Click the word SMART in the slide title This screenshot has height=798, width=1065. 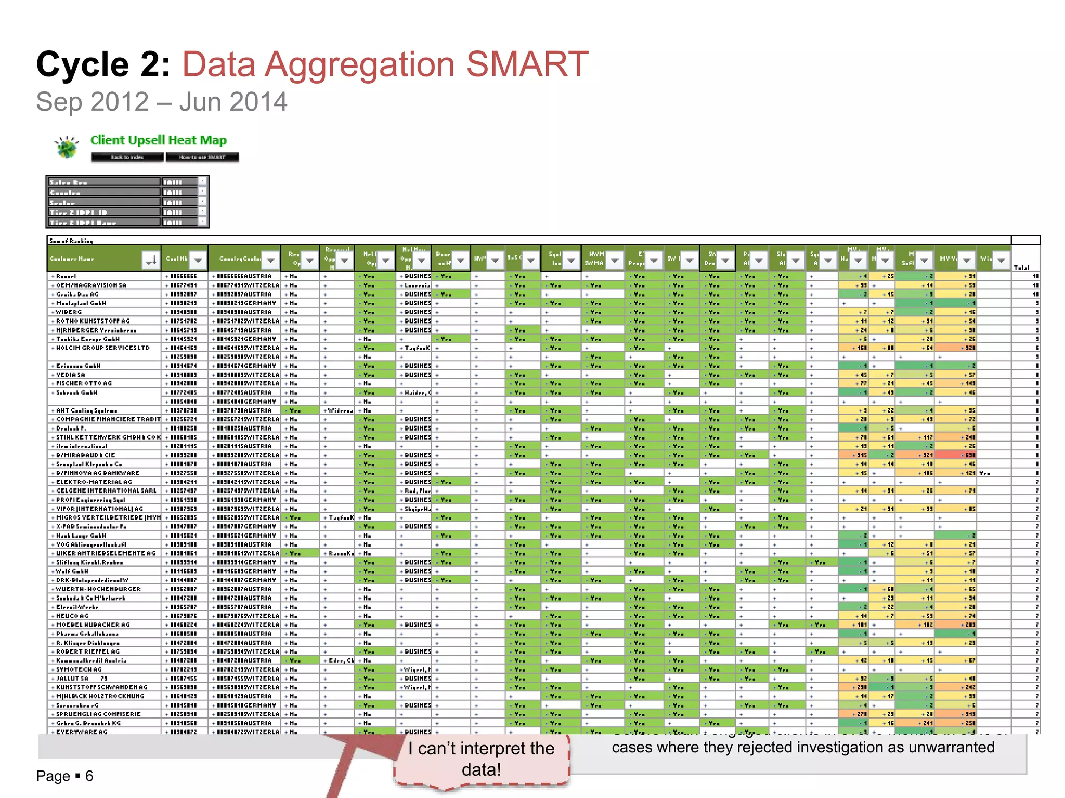(x=527, y=64)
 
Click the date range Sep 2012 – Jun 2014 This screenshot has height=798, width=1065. (x=161, y=102)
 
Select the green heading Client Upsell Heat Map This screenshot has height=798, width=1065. (x=159, y=140)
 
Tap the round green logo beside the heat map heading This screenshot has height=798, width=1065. (x=67, y=148)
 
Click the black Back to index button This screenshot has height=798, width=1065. (x=127, y=157)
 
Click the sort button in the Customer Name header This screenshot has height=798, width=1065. (x=150, y=260)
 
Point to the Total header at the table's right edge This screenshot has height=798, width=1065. (x=1021, y=267)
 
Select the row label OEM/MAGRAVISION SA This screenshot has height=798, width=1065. (x=91, y=285)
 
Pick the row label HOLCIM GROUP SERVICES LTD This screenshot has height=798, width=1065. (x=102, y=348)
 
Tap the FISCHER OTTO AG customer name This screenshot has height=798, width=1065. (x=84, y=383)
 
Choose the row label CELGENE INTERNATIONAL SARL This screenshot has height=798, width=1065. (x=106, y=490)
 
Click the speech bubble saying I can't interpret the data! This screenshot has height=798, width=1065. (x=482, y=759)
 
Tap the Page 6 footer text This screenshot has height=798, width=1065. (x=64, y=776)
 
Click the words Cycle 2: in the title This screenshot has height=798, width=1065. (x=103, y=64)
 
